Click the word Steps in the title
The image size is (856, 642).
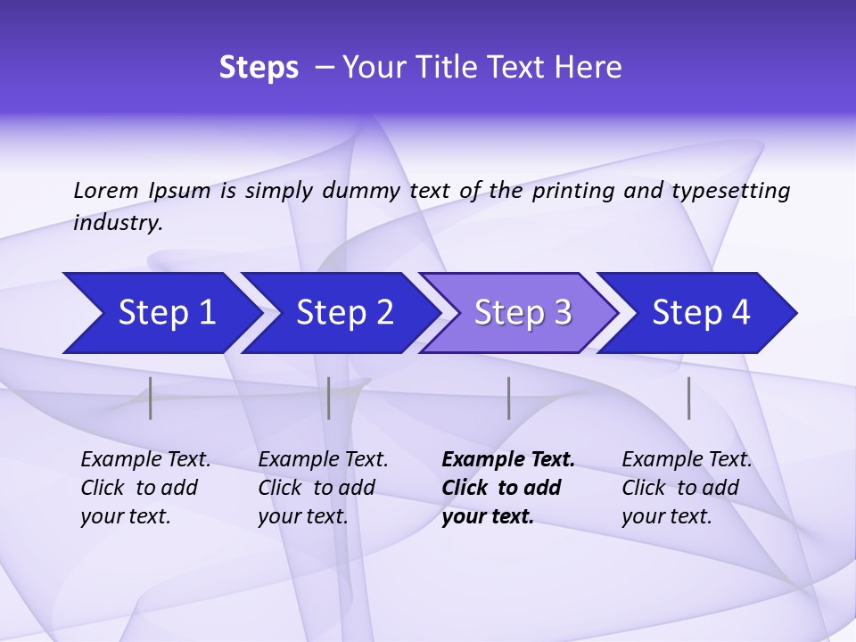point(259,68)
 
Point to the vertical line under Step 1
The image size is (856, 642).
point(151,398)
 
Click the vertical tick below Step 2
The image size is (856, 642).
point(329,398)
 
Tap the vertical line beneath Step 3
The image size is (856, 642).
point(508,398)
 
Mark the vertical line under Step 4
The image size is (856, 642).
point(689,398)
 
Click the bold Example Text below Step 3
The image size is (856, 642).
point(507,488)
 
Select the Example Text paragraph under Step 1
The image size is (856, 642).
point(145,488)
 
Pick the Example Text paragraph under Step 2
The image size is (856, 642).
point(323,488)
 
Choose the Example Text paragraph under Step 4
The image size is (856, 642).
point(687,488)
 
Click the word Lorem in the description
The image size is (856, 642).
point(106,191)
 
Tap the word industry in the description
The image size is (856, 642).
point(118,223)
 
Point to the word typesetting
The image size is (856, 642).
point(730,191)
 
